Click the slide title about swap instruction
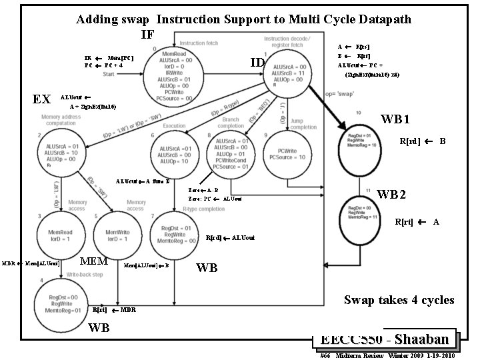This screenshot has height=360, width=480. [x=243, y=19]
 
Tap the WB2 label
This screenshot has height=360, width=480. [x=391, y=195]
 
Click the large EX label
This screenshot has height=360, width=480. [x=41, y=99]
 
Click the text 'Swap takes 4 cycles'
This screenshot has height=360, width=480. [x=399, y=300]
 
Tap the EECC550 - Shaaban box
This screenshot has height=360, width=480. [x=386, y=339]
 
